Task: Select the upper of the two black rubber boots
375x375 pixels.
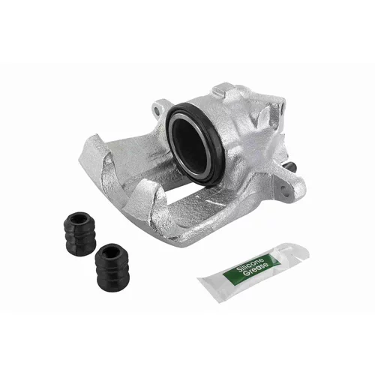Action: coord(79,234)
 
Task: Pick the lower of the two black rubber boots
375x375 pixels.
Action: coord(112,268)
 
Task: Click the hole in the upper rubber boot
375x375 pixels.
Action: coord(78,219)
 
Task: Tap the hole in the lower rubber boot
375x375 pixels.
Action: coord(111,251)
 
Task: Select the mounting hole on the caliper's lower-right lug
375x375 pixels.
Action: coord(283,190)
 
